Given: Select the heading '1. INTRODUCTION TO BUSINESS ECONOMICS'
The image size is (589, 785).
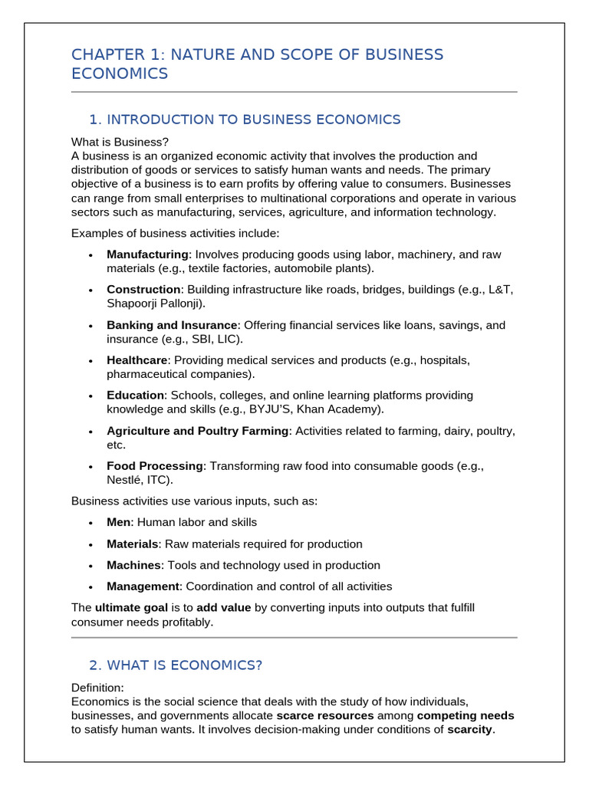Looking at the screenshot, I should pos(245,120).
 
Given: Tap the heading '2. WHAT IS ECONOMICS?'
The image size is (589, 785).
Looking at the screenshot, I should pos(176,665).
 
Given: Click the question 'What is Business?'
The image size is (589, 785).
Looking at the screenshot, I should pos(120,142).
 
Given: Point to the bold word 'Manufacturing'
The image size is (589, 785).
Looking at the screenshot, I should pos(147,255).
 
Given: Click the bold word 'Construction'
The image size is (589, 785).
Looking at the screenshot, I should pos(143,290).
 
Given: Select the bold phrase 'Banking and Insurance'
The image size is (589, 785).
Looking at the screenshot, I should pos(172,325).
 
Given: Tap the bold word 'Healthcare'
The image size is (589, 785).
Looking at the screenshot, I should pos(137,360).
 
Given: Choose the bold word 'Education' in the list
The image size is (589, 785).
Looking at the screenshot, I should pos(135,396).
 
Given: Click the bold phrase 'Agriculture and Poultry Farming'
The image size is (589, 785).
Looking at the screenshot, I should pos(198,431).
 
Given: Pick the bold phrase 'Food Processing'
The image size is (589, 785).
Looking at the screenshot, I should pos(155,466).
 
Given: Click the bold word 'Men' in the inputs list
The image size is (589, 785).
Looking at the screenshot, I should pos(120,522).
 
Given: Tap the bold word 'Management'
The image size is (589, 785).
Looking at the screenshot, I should pos(143,586).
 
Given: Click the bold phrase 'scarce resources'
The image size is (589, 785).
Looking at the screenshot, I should pos(325,716).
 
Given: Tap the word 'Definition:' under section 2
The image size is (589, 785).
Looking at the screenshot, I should pos(97,688).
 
